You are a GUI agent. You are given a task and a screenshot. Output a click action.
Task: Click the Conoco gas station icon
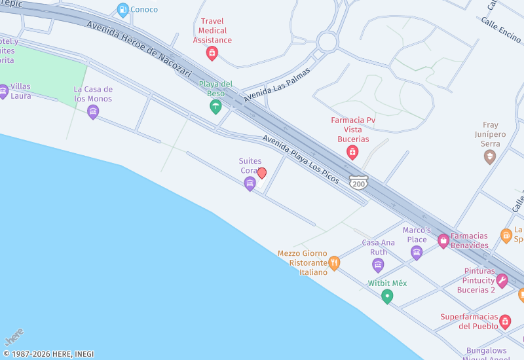(122, 9)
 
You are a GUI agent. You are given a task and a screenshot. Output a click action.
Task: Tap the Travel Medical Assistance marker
(212, 53)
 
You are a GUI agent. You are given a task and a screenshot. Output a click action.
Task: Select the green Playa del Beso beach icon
(215, 107)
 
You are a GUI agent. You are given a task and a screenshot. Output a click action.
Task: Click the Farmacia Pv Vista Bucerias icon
(352, 153)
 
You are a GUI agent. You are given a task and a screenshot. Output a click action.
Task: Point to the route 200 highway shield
(358, 183)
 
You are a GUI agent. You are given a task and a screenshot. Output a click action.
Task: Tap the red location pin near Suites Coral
(262, 173)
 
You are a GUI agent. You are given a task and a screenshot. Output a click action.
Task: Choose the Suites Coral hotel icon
(250, 184)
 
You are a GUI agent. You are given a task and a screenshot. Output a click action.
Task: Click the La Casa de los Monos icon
(93, 112)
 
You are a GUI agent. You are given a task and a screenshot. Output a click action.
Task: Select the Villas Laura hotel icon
(3, 91)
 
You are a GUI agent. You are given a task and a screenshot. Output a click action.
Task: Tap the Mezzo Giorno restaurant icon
(334, 263)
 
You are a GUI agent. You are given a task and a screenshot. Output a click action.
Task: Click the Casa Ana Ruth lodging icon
(378, 264)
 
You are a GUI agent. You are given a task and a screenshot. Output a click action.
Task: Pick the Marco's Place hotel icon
(417, 252)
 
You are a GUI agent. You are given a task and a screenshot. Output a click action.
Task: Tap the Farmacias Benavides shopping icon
(443, 241)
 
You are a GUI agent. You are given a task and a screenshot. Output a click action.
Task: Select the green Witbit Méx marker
(387, 297)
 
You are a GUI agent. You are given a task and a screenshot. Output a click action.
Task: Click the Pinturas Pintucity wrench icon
(502, 281)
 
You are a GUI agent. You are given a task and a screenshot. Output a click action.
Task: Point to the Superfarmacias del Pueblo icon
(504, 321)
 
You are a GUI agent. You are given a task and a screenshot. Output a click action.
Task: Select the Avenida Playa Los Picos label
(301, 159)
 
